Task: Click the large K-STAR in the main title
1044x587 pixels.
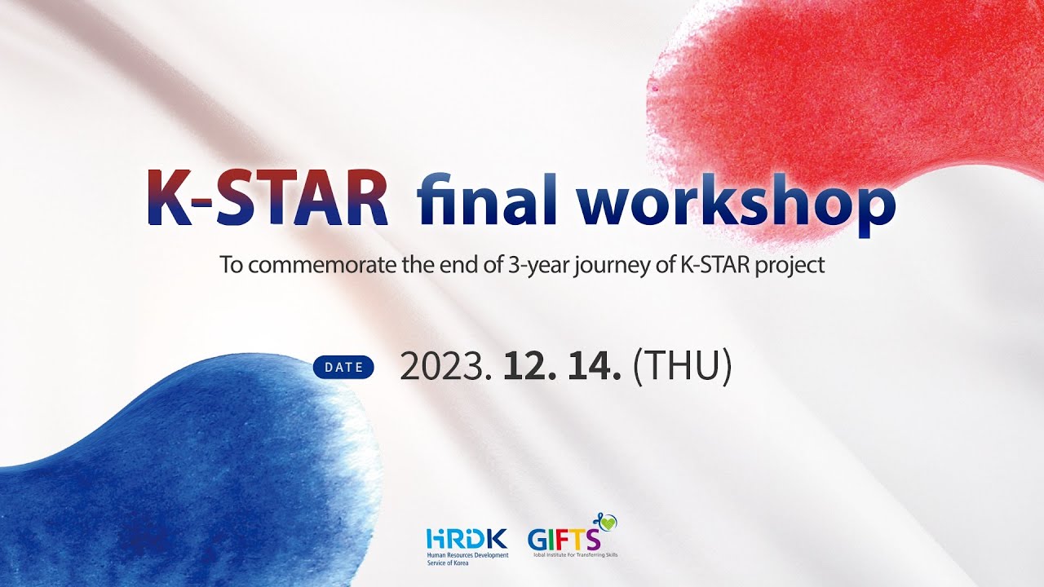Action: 268,199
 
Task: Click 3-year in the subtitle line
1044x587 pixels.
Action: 532,267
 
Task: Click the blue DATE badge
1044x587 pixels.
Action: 343,367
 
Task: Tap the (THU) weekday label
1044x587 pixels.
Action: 682,368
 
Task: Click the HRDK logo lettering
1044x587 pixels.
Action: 467,539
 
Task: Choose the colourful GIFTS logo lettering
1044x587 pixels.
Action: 564,540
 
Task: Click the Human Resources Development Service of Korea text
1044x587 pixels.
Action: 467,558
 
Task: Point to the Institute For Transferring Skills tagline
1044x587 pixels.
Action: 573,555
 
